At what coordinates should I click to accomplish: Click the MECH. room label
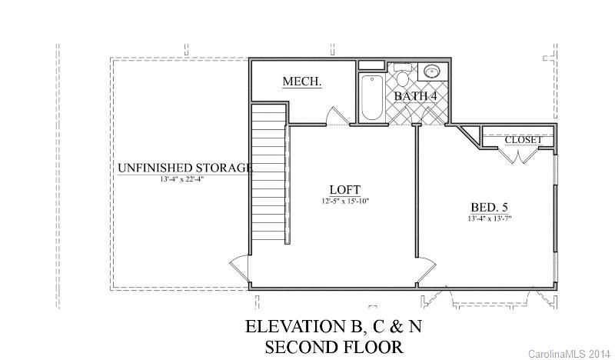(x=302, y=82)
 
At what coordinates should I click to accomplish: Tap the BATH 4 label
(x=415, y=96)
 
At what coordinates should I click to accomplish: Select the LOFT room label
(x=344, y=190)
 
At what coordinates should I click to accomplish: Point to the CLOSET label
(x=524, y=140)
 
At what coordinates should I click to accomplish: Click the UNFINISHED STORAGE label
(x=185, y=168)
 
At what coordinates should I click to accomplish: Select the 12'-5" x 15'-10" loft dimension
(x=345, y=202)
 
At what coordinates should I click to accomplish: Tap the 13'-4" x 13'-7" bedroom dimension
(x=490, y=218)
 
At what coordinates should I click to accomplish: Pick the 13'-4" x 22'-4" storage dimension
(x=182, y=179)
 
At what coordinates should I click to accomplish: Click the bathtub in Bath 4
(x=372, y=98)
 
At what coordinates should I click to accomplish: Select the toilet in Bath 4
(x=402, y=75)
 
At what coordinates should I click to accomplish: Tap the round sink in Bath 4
(x=432, y=72)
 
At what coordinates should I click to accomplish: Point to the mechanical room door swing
(x=338, y=116)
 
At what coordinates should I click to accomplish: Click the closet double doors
(x=520, y=155)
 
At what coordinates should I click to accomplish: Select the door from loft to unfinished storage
(x=239, y=268)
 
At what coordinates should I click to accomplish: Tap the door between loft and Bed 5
(x=427, y=270)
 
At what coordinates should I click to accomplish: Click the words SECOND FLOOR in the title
(x=334, y=347)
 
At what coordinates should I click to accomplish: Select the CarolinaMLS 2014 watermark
(x=569, y=354)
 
